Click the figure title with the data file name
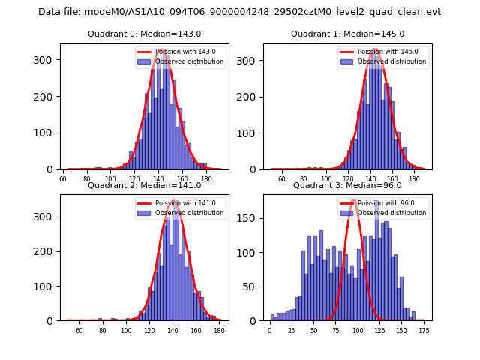coord(239,12)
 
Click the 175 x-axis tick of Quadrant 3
coord(423,330)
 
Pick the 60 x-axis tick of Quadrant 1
coord(282,178)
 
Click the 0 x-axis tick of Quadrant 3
coord(270,330)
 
